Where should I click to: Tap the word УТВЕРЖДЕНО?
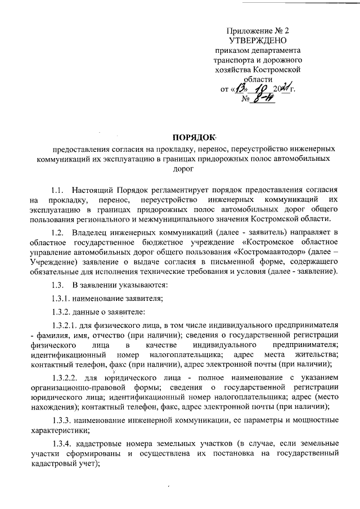(x=258, y=40)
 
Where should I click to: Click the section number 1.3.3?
(x=60, y=420)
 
